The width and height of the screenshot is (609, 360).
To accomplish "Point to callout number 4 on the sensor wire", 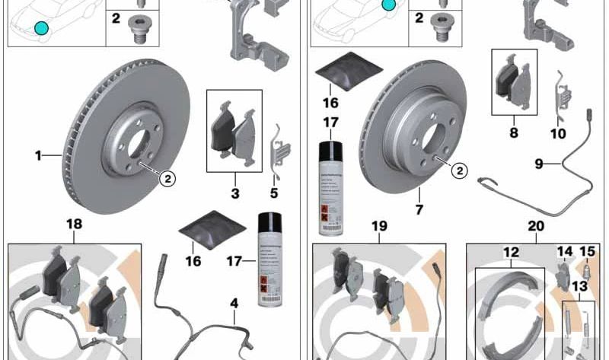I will [234, 304].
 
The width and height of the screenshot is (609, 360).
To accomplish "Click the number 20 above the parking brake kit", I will [536, 225].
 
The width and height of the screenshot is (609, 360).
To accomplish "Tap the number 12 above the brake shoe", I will [511, 252].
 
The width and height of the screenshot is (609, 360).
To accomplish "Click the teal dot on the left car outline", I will [40, 29].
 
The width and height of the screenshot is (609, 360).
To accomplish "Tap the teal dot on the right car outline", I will [389, 5].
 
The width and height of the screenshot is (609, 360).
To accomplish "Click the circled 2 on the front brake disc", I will [166, 180].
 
